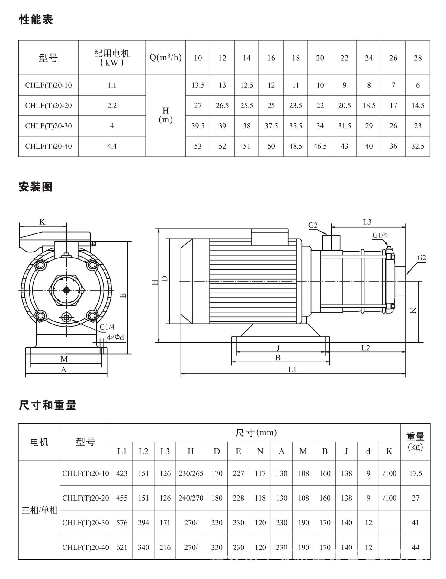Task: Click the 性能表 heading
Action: pyautogui.click(x=36, y=20)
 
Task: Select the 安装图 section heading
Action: pyautogui.click(x=36, y=187)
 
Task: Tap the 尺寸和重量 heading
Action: pyautogui.click(x=47, y=405)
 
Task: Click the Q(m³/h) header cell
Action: pyautogui.click(x=165, y=57)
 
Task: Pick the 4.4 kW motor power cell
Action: pyautogui.click(x=112, y=146)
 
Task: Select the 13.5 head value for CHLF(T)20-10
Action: pyautogui.click(x=198, y=85)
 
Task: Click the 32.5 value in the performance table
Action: pyautogui.click(x=418, y=146)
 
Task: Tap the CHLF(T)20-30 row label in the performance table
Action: pyautogui.click(x=48, y=126)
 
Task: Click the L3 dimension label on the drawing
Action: pyautogui.click(x=367, y=222)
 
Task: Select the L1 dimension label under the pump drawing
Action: pyautogui.click(x=292, y=369)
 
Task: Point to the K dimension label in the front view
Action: pyautogui.click(x=42, y=222)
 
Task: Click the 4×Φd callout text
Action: pyautogui.click(x=115, y=337)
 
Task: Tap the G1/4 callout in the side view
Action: pyautogui.click(x=380, y=235)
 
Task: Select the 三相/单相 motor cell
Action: pyautogui.click(x=39, y=510)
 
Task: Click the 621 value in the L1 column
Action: pyautogui.click(x=122, y=547)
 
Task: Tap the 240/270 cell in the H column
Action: pyautogui.click(x=191, y=498)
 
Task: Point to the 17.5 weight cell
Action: pyautogui.click(x=416, y=473)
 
